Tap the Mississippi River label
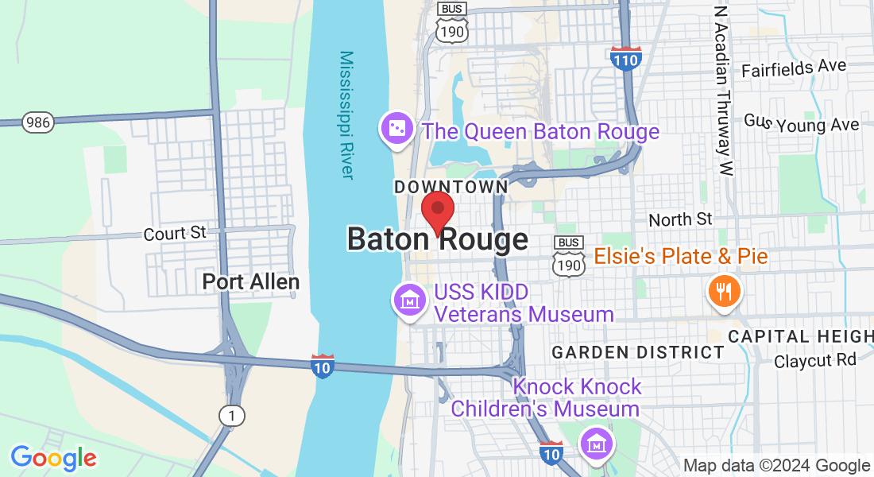(x=346, y=115)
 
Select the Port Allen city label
(x=250, y=281)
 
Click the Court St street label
(x=175, y=234)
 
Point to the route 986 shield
(x=37, y=122)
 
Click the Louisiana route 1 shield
(x=231, y=415)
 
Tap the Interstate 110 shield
(x=627, y=58)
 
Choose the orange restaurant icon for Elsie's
(x=724, y=292)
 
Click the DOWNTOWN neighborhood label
(x=451, y=187)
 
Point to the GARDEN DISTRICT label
(x=638, y=352)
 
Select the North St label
(x=681, y=219)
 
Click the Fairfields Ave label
(x=794, y=68)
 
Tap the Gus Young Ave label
(x=801, y=123)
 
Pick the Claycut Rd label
(x=815, y=360)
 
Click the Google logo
(x=53, y=458)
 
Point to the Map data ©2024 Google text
(x=776, y=466)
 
